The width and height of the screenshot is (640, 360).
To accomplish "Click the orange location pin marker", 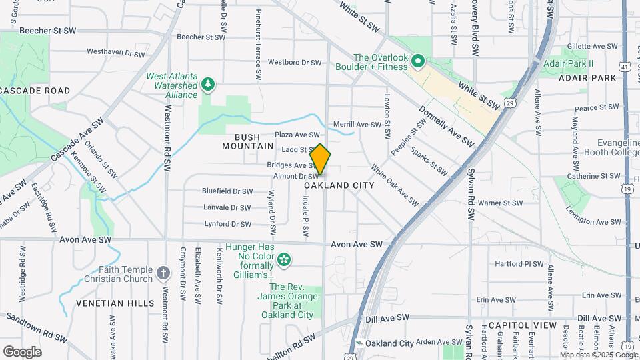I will tap(320, 159).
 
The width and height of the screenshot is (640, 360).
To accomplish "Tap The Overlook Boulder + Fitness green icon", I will tap(418, 62).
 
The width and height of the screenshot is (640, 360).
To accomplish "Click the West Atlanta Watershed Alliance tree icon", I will tap(209, 85).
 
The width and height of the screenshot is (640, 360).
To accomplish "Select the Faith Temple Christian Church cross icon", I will tap(163, 273).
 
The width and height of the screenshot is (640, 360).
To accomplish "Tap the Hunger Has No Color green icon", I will tap(285, 259).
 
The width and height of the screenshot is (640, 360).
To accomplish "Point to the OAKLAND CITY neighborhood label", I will tap(339, 185).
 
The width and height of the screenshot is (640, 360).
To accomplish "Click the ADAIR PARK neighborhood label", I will tap(587, 78).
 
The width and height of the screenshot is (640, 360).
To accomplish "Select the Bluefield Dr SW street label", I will tap(227, 191).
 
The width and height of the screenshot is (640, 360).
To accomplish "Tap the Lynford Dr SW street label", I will tap(227, 224).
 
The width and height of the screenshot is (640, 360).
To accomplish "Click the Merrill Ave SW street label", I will tap(357, 124).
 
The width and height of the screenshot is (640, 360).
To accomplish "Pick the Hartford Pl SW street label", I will tap(519, 264).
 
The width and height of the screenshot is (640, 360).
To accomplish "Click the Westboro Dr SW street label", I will tap(295, 62).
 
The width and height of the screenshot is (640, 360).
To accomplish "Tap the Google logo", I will tap(22, 351).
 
